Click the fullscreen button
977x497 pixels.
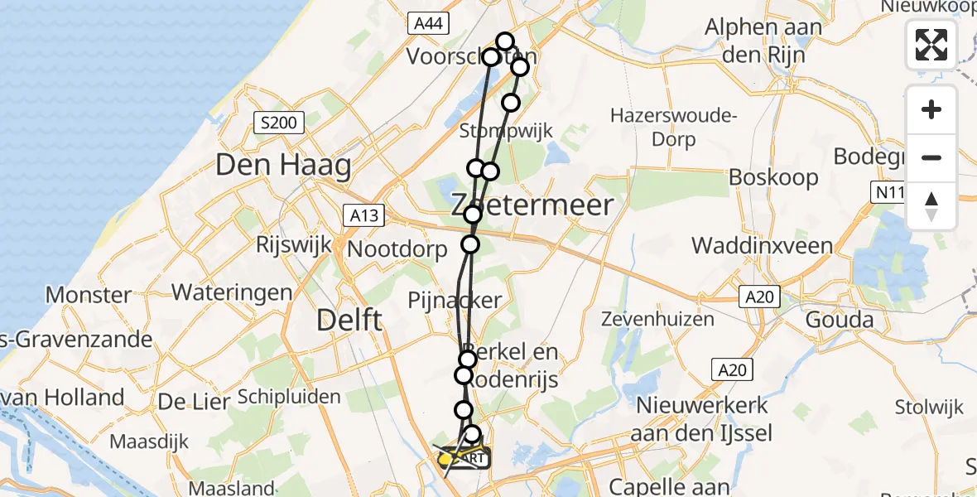click(x=931, y=44)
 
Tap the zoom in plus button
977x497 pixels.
click(x=931, y=109)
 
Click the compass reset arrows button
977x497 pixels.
click(x=931, y=206)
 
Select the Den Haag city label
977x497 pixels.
click(x=283, y=165)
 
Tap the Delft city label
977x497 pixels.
click(x=350, y=319)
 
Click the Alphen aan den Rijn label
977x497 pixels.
click(x=763, y=41)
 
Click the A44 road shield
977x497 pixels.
click(x=427, y=24)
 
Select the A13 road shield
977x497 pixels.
click(x=363, y=216)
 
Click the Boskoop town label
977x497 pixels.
click(x=773, y=177)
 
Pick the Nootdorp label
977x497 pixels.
click(x=397, y=249)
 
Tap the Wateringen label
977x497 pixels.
click(x=232, y=292)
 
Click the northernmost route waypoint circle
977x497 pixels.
click(x=505, y=41)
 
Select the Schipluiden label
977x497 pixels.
click(x=289, y=397)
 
